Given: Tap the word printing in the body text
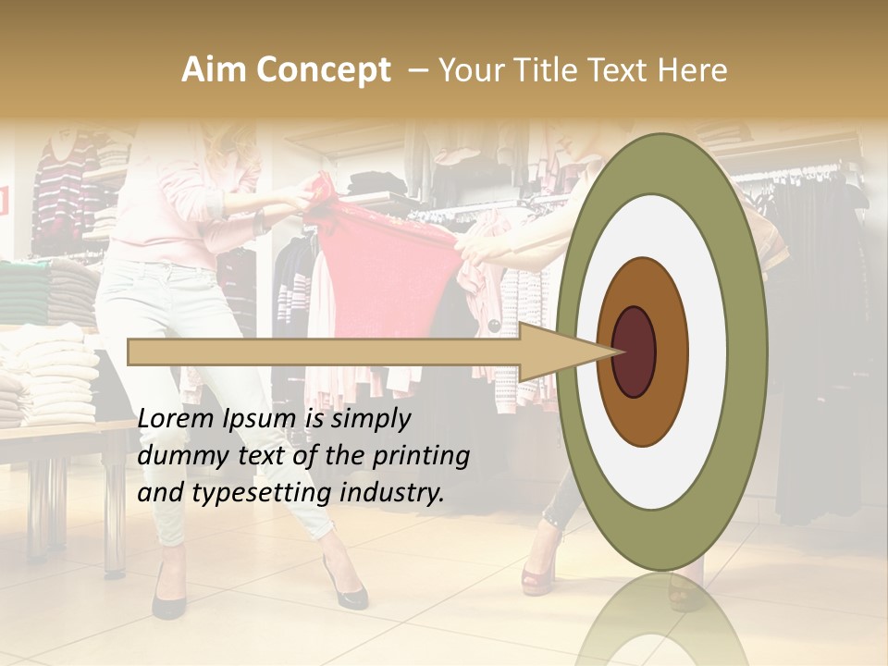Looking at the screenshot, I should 422,457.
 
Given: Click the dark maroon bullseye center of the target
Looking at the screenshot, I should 634,351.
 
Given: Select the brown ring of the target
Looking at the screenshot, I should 670,351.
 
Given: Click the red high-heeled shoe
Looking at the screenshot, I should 537,577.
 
